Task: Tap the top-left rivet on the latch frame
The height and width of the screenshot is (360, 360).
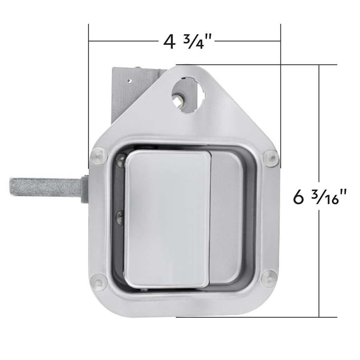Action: [99, 156]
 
